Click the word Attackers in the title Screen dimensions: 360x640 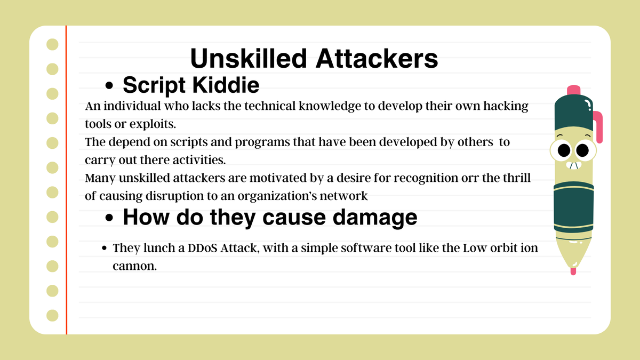[x=377, y=59]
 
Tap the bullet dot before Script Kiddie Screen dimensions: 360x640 [x=110, y=86]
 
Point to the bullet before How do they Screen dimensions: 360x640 [x=110, y=219]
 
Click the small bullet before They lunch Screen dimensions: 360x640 [x=105, y=249]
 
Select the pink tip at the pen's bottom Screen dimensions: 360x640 [x=573, y=270]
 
